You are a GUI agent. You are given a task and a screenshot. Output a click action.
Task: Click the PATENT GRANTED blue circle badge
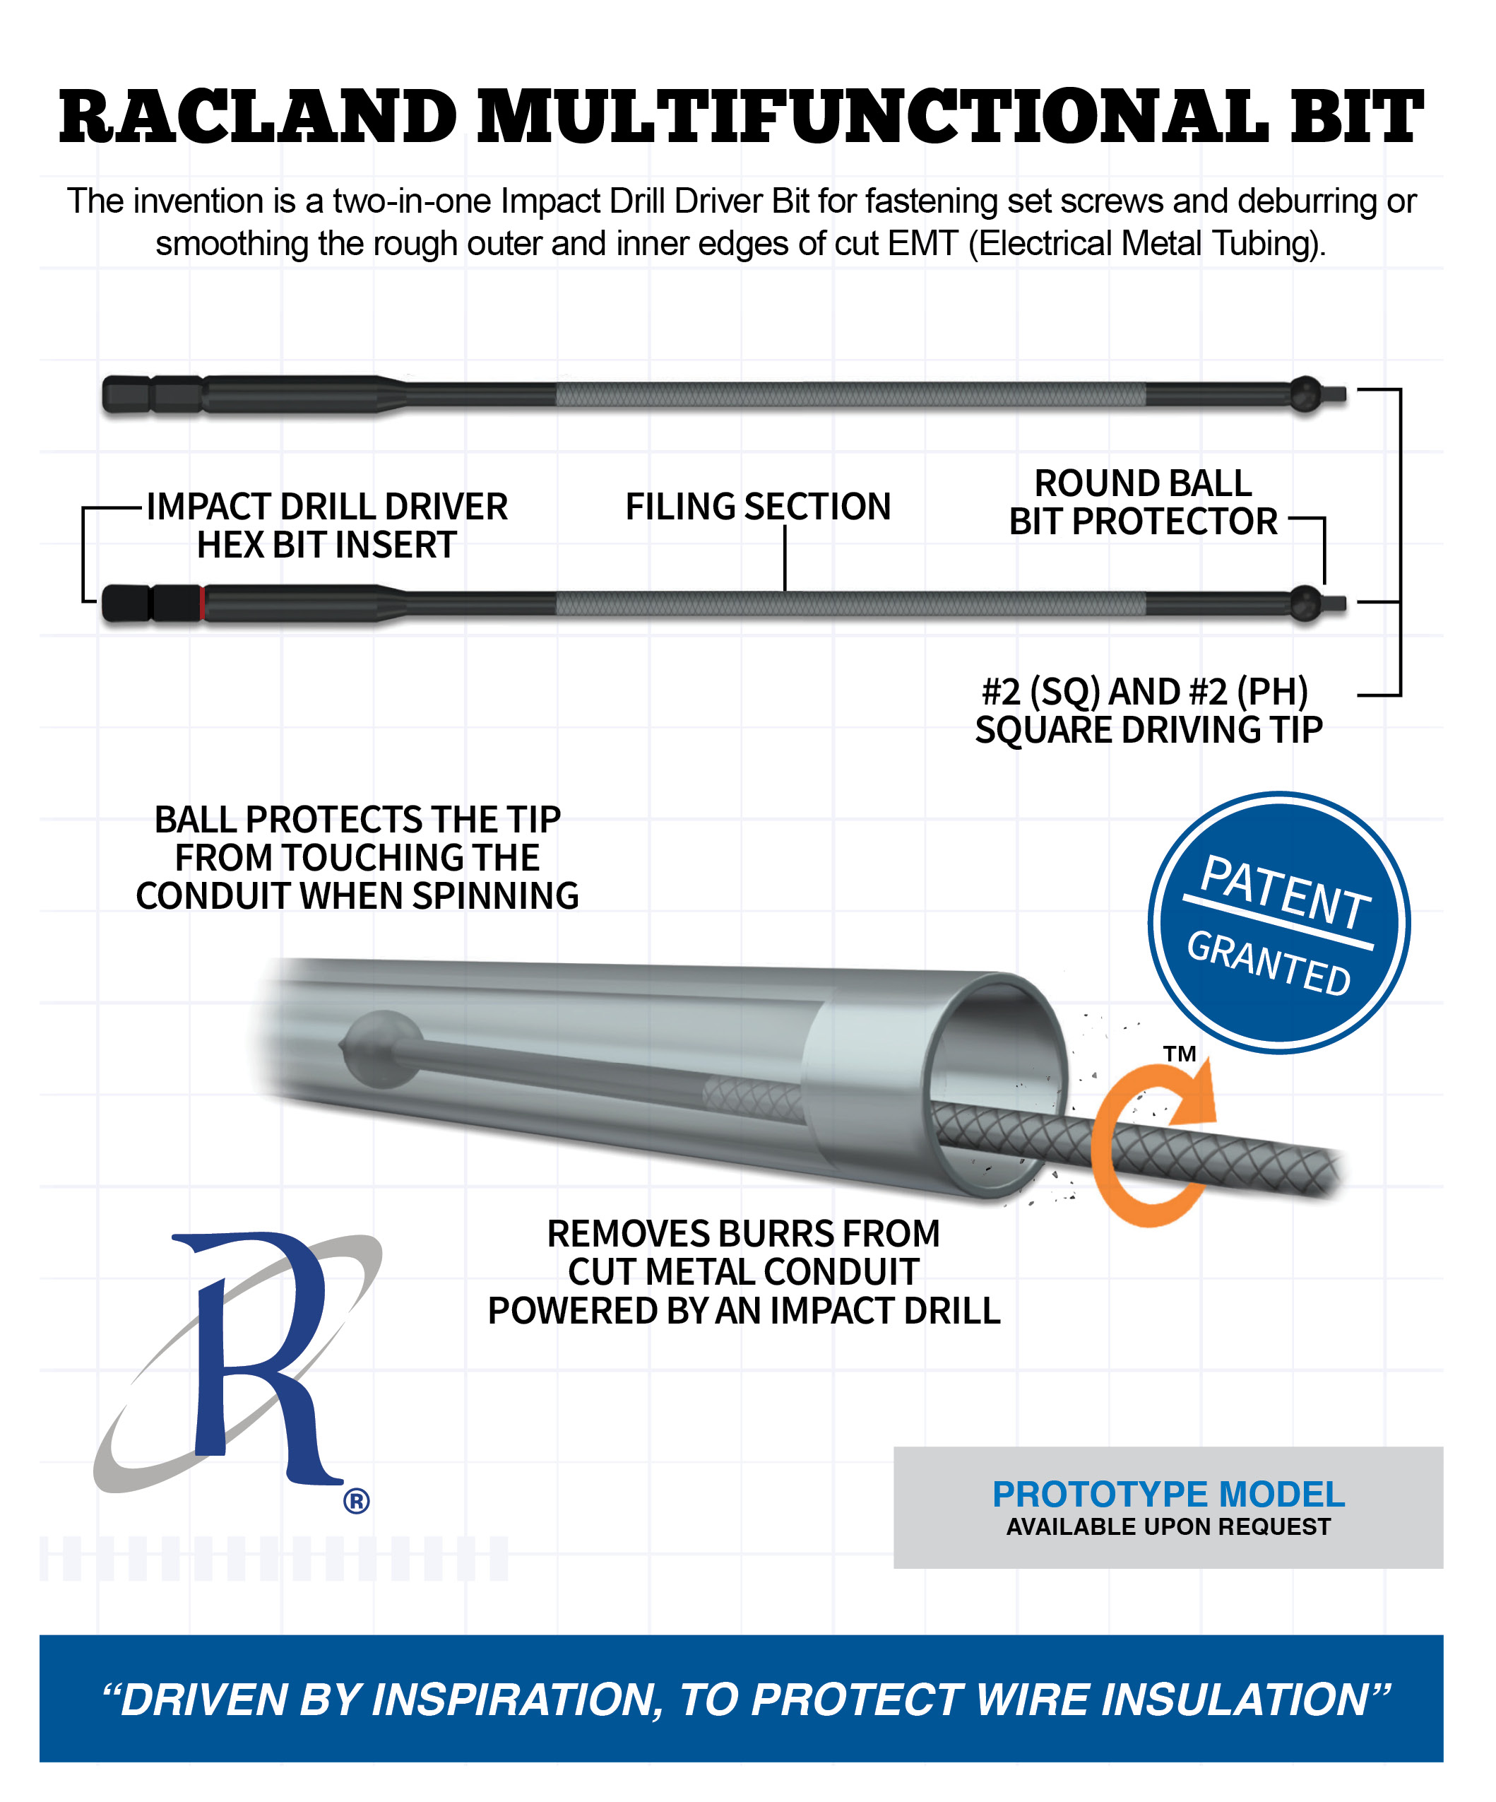pos(1279,922)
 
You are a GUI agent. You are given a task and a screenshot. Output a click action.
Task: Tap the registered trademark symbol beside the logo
pos(356,1501)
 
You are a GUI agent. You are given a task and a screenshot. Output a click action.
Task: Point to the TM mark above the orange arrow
pos(1180,1054)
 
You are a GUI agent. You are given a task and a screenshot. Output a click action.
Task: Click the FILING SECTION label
pos(759,506)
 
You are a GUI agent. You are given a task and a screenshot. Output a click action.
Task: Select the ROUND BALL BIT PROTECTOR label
pos(1143,502)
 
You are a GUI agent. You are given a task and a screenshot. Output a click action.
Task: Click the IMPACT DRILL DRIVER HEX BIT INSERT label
pos(327,525)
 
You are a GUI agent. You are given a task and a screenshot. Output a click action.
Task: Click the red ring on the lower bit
pos(203,603)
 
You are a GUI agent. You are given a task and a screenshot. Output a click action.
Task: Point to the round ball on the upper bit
pos(1305,394)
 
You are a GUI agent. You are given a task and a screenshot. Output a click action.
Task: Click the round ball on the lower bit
pos(1305,603)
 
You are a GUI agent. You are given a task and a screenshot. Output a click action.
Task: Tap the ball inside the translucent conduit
pos(384,1049)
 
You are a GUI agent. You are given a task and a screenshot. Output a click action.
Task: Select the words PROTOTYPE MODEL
pos(1168,1494)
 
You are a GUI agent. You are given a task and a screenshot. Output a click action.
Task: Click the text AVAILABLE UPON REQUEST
pos(1168,1526)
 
